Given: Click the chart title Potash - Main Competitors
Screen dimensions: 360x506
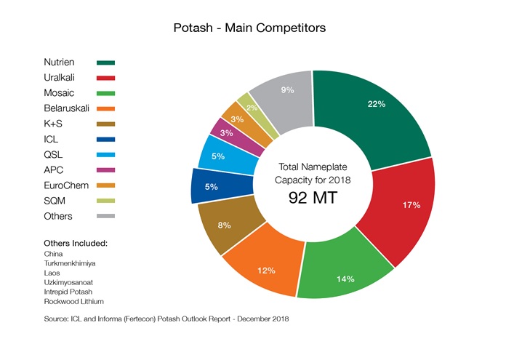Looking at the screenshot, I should point(249,28).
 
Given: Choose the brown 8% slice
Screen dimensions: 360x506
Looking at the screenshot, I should point(223,225).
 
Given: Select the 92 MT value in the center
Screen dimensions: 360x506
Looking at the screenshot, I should point(313,197).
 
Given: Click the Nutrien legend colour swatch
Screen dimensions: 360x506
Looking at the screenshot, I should point(105,63).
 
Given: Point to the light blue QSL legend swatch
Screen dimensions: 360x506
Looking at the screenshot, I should point(105,155).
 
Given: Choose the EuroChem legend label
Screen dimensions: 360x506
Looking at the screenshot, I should point(66,185).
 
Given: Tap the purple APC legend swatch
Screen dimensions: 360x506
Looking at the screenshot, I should point(105,170).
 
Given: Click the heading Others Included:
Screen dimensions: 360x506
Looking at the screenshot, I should point(76,242).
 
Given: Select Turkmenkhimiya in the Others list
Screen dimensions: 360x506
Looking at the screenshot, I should point(70,263).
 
